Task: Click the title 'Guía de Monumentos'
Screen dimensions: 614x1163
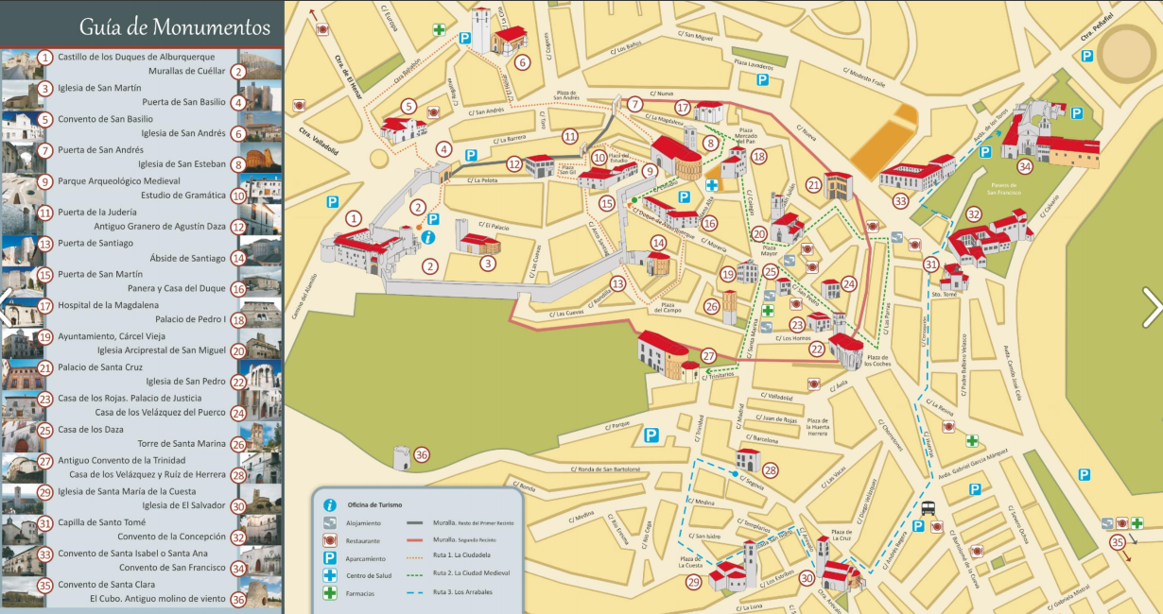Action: tap(148, 26)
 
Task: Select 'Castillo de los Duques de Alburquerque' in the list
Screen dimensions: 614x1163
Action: tap(136, 57)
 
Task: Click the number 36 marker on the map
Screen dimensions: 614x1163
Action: tap(422, 454)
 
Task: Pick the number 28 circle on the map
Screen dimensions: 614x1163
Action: tap(770, 469)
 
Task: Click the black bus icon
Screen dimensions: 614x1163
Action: tap(929, 506)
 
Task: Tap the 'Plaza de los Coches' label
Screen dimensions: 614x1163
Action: tap(877, 360)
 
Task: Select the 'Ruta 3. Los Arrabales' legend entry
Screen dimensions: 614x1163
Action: tap(462, 592)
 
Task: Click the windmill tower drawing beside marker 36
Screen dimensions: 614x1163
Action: tap(402, 457)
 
